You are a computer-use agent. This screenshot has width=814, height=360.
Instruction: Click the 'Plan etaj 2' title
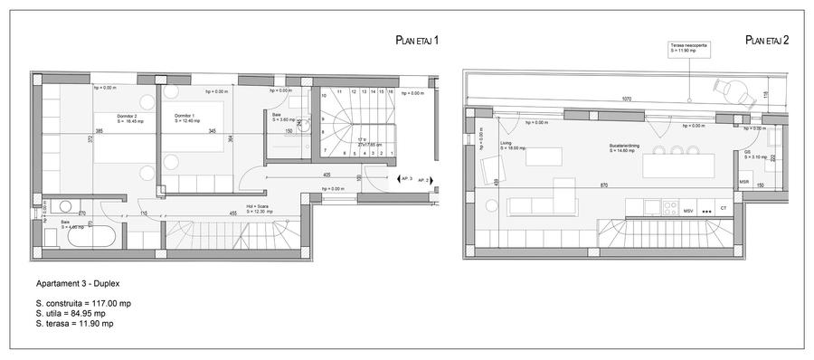click(767, 41)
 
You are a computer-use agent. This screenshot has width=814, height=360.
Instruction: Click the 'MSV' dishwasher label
click(688, 209)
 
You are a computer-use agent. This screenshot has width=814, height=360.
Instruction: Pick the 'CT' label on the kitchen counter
click(724, 209)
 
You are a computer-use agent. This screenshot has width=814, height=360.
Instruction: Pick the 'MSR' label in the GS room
click(743, 182)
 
